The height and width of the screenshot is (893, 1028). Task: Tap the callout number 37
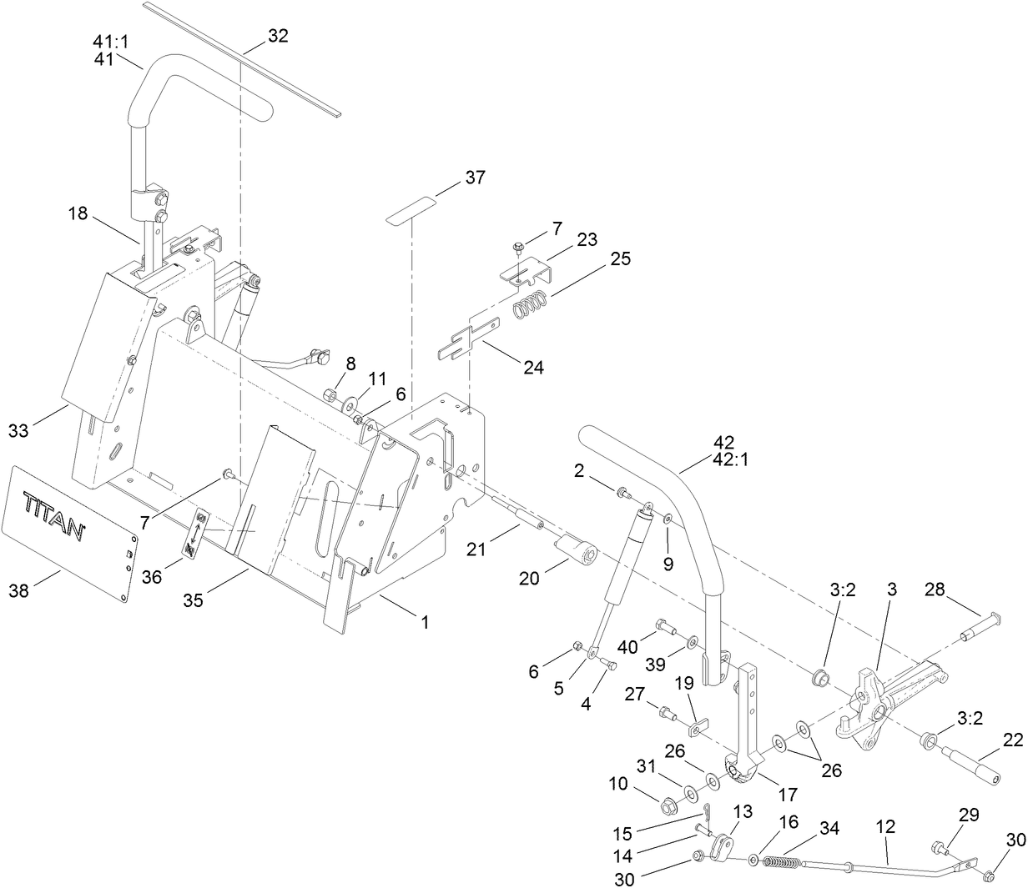pyautogui.click(x=475, y=178)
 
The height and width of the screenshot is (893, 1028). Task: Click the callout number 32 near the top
pyautogui.click(x=278, y=35)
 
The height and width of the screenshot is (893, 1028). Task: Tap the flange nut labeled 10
pyautogui.click(x=668, y=806)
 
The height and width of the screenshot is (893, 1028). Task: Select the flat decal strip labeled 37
pyautogui.click(x=412, y=208)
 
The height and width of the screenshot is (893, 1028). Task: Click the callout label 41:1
pyautogui.click(x=104, y=40)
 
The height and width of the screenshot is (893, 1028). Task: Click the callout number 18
pyautogui.click(x=78, y=213)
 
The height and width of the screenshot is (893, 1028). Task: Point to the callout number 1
pyautogui.click(x=424, y=621)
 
